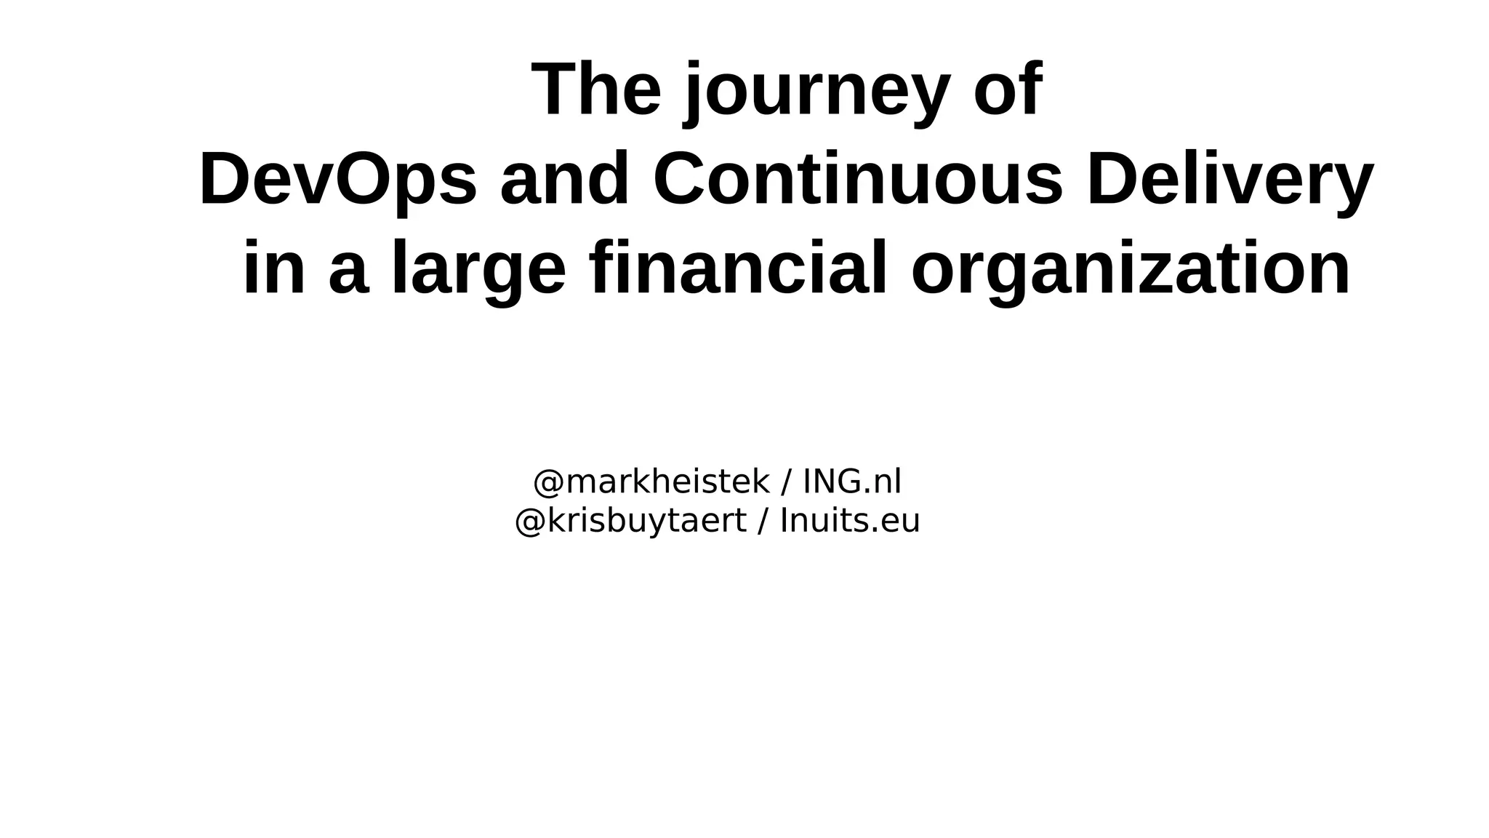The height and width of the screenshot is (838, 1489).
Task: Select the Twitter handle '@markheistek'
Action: click(651, 482)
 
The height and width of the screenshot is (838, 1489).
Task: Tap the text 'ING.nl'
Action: click(852, 482)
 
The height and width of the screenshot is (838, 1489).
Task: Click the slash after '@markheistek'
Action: click(786, 482)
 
